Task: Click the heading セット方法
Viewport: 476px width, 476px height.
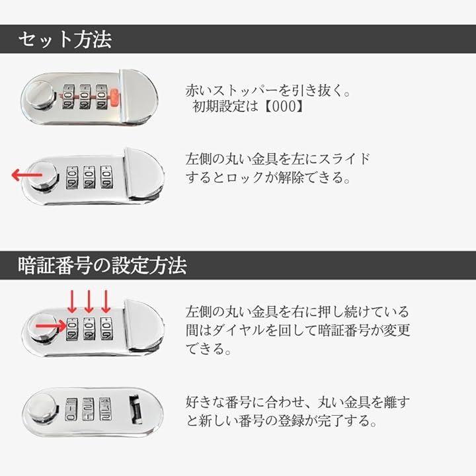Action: point(65,40)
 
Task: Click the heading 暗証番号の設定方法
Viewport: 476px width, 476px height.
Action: point(102,265)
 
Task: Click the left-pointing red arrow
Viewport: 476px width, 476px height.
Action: point(26,175)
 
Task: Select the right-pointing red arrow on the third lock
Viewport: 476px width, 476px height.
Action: point(51,327)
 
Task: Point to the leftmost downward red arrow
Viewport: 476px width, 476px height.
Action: point(72,301)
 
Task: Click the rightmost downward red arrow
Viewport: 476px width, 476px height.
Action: point(106,301)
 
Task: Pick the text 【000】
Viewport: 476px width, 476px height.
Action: point(284,106)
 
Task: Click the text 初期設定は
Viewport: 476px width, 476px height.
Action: point(225,106)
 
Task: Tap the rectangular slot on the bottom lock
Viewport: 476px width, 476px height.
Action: point(136,409)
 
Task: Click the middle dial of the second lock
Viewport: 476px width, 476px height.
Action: point(89,177)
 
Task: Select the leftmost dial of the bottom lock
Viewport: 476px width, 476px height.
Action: point(71,409)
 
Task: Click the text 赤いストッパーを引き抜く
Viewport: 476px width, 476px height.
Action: point(264,90)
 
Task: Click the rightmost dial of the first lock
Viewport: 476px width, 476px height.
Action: point(101,97)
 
